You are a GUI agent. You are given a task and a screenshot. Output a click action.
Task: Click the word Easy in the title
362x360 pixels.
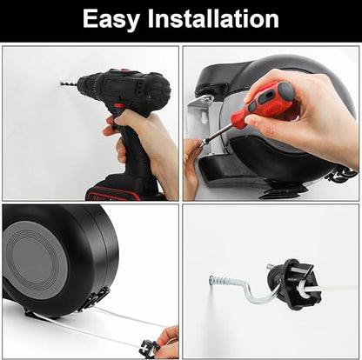(111, 19)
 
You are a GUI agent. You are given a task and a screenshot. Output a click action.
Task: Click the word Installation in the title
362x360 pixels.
(213, 18)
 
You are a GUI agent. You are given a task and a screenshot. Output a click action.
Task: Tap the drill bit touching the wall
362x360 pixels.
(69, 84)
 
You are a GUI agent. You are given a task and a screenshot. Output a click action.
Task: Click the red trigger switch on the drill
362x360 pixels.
(119, 107)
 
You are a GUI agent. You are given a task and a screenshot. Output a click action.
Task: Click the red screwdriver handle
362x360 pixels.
(264, 100)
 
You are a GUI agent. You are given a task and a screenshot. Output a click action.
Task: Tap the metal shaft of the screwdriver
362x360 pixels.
(218, 134)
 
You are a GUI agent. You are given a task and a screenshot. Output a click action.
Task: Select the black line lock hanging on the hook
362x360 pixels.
(294, 284)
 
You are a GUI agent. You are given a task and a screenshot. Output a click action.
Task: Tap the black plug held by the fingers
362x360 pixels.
(149, 348)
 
